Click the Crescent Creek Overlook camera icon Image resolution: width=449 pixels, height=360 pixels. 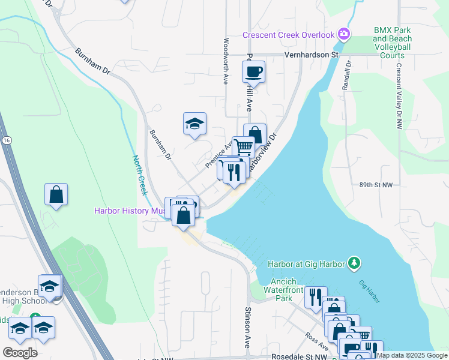344,34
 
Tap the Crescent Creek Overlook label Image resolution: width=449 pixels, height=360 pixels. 288,35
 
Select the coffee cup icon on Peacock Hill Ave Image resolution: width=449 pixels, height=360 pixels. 253,72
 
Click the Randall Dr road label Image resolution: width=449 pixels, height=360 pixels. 346,75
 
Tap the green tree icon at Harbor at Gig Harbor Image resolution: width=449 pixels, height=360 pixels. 355,262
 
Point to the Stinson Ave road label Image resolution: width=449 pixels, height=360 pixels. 247,328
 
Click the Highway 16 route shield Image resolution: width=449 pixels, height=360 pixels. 6,139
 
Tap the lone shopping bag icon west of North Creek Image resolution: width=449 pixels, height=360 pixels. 56,194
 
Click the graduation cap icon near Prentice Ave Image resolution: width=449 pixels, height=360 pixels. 194,124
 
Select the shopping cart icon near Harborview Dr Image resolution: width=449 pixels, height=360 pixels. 243,146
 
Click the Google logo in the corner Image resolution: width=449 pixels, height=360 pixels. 20,352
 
